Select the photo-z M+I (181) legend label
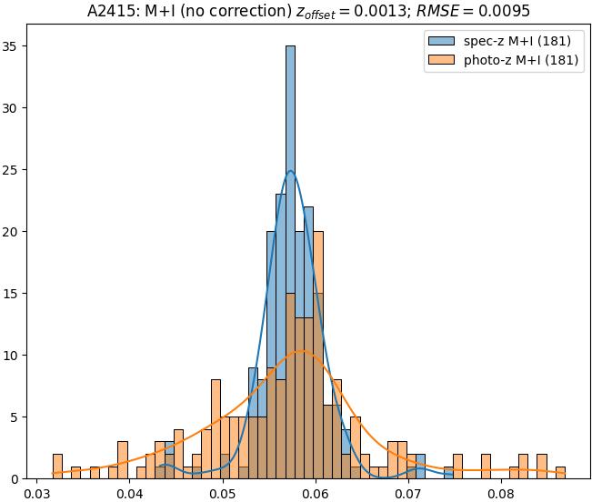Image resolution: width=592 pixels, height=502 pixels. pyautogui.click(x=516, y=62)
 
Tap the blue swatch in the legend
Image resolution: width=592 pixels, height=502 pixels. pyautogui.click(x=440, y=41)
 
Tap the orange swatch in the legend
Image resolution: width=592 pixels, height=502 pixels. pyautogui.click(x=440, y=62)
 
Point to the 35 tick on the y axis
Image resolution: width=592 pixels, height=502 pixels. pyautogui.click(x=15, y=46)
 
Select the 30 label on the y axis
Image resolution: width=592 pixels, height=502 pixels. pyautogui.click(x=15, y=108)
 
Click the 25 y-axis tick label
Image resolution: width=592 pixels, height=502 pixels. pyautogui.click(x=15, y=170)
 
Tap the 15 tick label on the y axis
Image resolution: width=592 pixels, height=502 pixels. pyautogui.click(x=15, y=294)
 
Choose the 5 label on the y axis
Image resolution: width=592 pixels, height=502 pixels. pyautogui.click(x=19, y=417)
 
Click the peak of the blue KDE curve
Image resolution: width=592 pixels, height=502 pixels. pyautogui.click(x=290, y=171)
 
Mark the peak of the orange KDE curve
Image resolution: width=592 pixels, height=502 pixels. pyautogui.click(x=302, y=351)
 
